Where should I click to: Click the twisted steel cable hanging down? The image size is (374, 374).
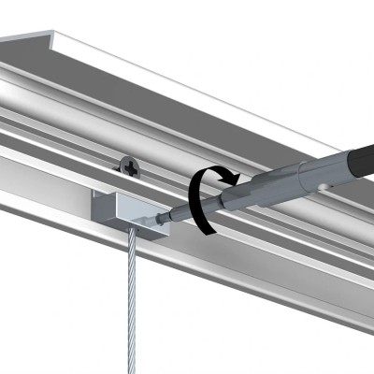pyautogui.click(x=133, y=299)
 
